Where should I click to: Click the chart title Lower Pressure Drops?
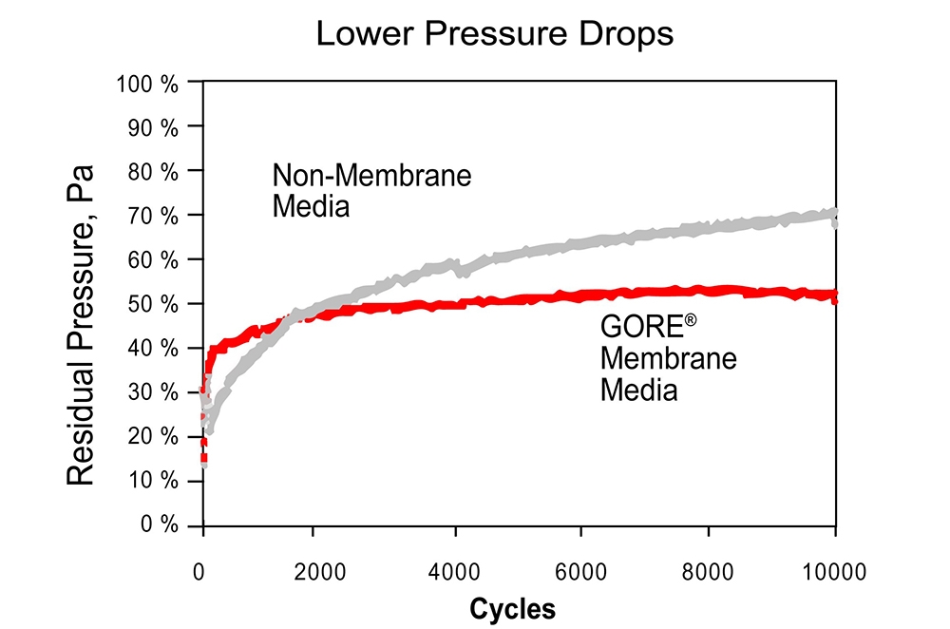point(494,34)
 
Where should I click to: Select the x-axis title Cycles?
point(513,607)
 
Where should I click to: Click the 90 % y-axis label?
point(151,126)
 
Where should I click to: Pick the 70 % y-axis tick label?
point(151,216)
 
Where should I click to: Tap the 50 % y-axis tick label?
point(151,304)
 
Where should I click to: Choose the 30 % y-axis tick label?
point(151,392)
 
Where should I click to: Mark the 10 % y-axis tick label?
point(151,481)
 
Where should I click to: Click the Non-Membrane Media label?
point(371,190)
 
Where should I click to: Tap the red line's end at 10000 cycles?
point(834,296)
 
